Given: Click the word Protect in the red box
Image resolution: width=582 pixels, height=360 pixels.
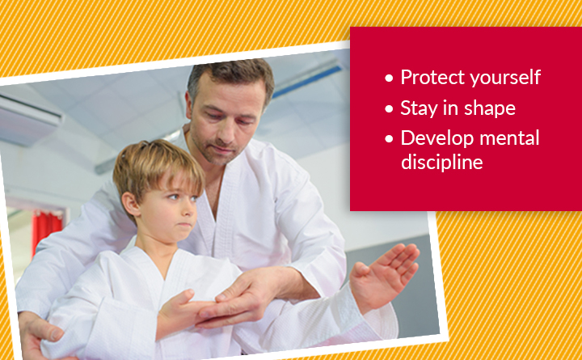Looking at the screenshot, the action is [432, 78].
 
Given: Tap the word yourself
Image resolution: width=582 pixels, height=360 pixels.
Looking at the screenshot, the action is [504, 78].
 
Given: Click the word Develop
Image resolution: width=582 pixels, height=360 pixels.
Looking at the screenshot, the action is [437, 139].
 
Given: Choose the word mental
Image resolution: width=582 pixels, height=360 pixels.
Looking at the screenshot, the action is [509, 138].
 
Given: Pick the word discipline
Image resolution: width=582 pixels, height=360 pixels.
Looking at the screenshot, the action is [441, 162].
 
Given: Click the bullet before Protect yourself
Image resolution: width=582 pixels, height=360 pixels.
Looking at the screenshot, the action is [389, 78].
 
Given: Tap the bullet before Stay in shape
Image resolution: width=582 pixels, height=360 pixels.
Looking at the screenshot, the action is [389, 109].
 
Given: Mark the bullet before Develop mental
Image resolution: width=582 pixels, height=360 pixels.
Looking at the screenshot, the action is [389, 139].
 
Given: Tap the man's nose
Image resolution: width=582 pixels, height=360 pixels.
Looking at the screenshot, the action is [223, 134].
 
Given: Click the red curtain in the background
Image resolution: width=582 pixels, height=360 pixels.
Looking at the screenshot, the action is [46, 231].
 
